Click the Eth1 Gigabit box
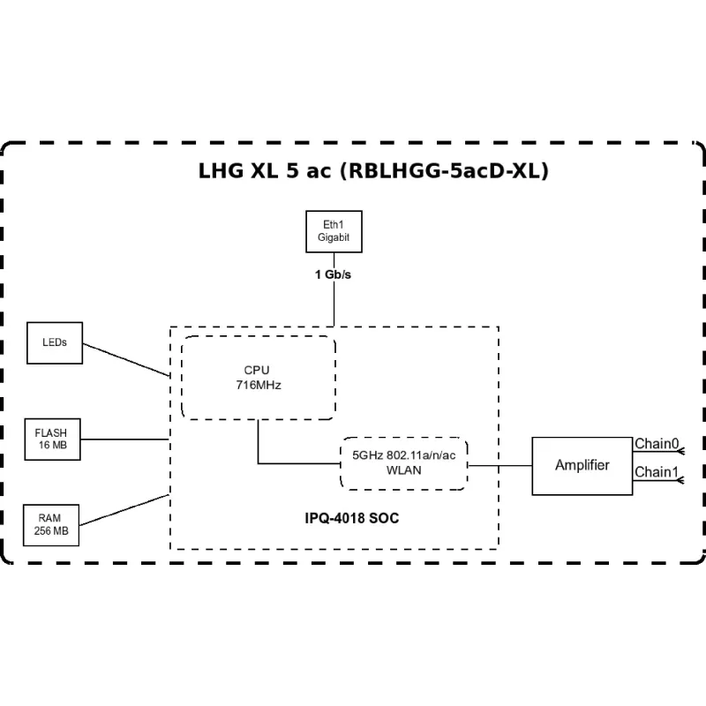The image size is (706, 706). tap(334, 232)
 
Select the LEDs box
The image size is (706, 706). tap(55, 342)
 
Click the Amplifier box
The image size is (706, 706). tap(582, 465)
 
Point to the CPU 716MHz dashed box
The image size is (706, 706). tap(258, 377)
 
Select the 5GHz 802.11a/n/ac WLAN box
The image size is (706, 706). tap(403, 462)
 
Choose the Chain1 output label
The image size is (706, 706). tap(656, 472)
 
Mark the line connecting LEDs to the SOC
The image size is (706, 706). tap(125, 359)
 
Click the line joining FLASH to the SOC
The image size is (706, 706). tap(125, 439)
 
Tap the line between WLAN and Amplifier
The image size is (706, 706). tap(499, 465)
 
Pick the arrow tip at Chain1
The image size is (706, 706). tap(680, 480)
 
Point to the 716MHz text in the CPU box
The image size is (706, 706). tap(258, 386)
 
